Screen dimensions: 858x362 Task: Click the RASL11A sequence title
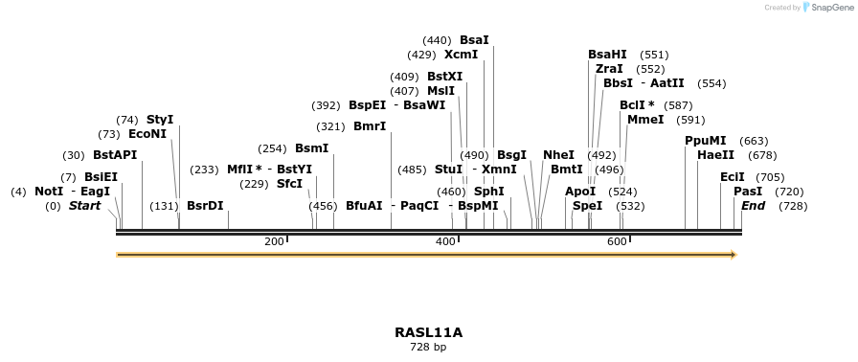428,332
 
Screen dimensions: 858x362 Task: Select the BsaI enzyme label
474,40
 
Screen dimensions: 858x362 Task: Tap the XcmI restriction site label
461,55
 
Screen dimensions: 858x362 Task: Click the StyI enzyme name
160,120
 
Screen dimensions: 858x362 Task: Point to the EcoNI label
147,134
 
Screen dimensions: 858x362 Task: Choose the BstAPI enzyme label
115,155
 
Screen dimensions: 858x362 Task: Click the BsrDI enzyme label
205,206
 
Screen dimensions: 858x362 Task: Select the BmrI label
370,126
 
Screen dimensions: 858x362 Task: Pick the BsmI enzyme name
311,148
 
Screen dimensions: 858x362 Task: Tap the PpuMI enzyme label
706,141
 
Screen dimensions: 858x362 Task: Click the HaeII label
716,155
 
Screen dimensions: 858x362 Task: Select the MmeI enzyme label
645,120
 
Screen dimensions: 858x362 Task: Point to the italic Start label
84,206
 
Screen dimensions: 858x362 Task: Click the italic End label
753,206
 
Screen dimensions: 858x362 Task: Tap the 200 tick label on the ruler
274,241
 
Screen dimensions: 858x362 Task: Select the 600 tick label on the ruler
617,241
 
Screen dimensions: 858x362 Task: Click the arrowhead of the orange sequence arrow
734,255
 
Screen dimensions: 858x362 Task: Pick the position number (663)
754,141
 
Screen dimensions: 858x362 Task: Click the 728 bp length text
428,347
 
